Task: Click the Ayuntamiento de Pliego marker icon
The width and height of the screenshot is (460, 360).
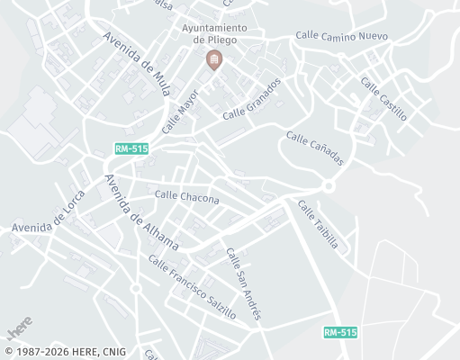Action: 214,61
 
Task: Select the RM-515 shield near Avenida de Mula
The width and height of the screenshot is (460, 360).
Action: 131,148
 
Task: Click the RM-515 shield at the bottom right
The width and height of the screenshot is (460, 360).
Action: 340,332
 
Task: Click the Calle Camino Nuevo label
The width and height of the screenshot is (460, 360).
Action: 341,36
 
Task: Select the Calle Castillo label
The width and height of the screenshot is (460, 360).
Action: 383,99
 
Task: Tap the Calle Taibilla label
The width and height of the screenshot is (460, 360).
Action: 318,224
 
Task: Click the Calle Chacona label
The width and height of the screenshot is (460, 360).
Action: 186,196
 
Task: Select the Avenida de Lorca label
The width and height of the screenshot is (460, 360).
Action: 48,217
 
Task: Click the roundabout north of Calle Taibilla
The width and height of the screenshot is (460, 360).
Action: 329,186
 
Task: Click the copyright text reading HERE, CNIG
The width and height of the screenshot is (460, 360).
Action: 65,352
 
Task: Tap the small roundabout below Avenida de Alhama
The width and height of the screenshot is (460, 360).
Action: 135,289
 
